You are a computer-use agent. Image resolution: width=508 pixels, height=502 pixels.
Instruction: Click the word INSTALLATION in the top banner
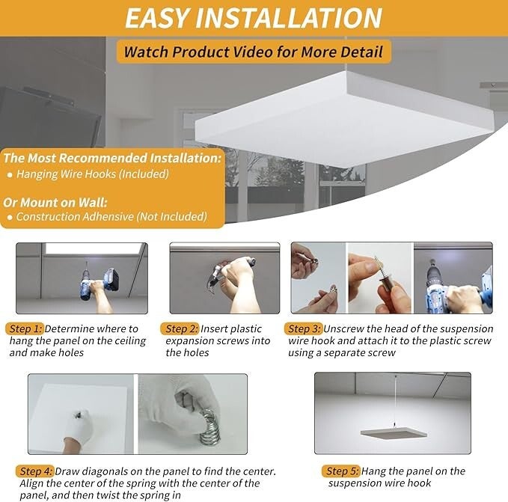point(289,18)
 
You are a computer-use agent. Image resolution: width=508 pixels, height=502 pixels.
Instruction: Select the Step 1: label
point(25,328)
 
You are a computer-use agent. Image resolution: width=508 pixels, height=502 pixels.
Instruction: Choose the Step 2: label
point(181,328)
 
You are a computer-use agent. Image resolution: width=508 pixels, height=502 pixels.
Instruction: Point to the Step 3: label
point(305,328)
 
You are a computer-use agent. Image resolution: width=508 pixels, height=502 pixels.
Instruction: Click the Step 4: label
point(36,471)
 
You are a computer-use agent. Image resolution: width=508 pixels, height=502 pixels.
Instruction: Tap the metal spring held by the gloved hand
point(209,427)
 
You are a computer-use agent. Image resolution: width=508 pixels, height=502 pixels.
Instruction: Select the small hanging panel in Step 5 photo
point(394,432)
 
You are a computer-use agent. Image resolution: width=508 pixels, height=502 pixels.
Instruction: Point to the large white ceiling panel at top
point(344,120)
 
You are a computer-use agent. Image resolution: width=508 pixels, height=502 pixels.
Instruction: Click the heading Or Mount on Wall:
point(55,203)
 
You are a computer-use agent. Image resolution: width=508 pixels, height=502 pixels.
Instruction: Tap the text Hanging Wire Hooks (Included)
point(93,174)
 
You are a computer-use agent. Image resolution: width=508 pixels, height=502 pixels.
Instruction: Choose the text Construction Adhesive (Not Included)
point(111,217)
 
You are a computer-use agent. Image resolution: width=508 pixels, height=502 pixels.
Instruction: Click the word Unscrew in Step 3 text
point(343,329)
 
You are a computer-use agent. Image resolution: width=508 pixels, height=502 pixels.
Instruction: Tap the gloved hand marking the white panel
point(78,427)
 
